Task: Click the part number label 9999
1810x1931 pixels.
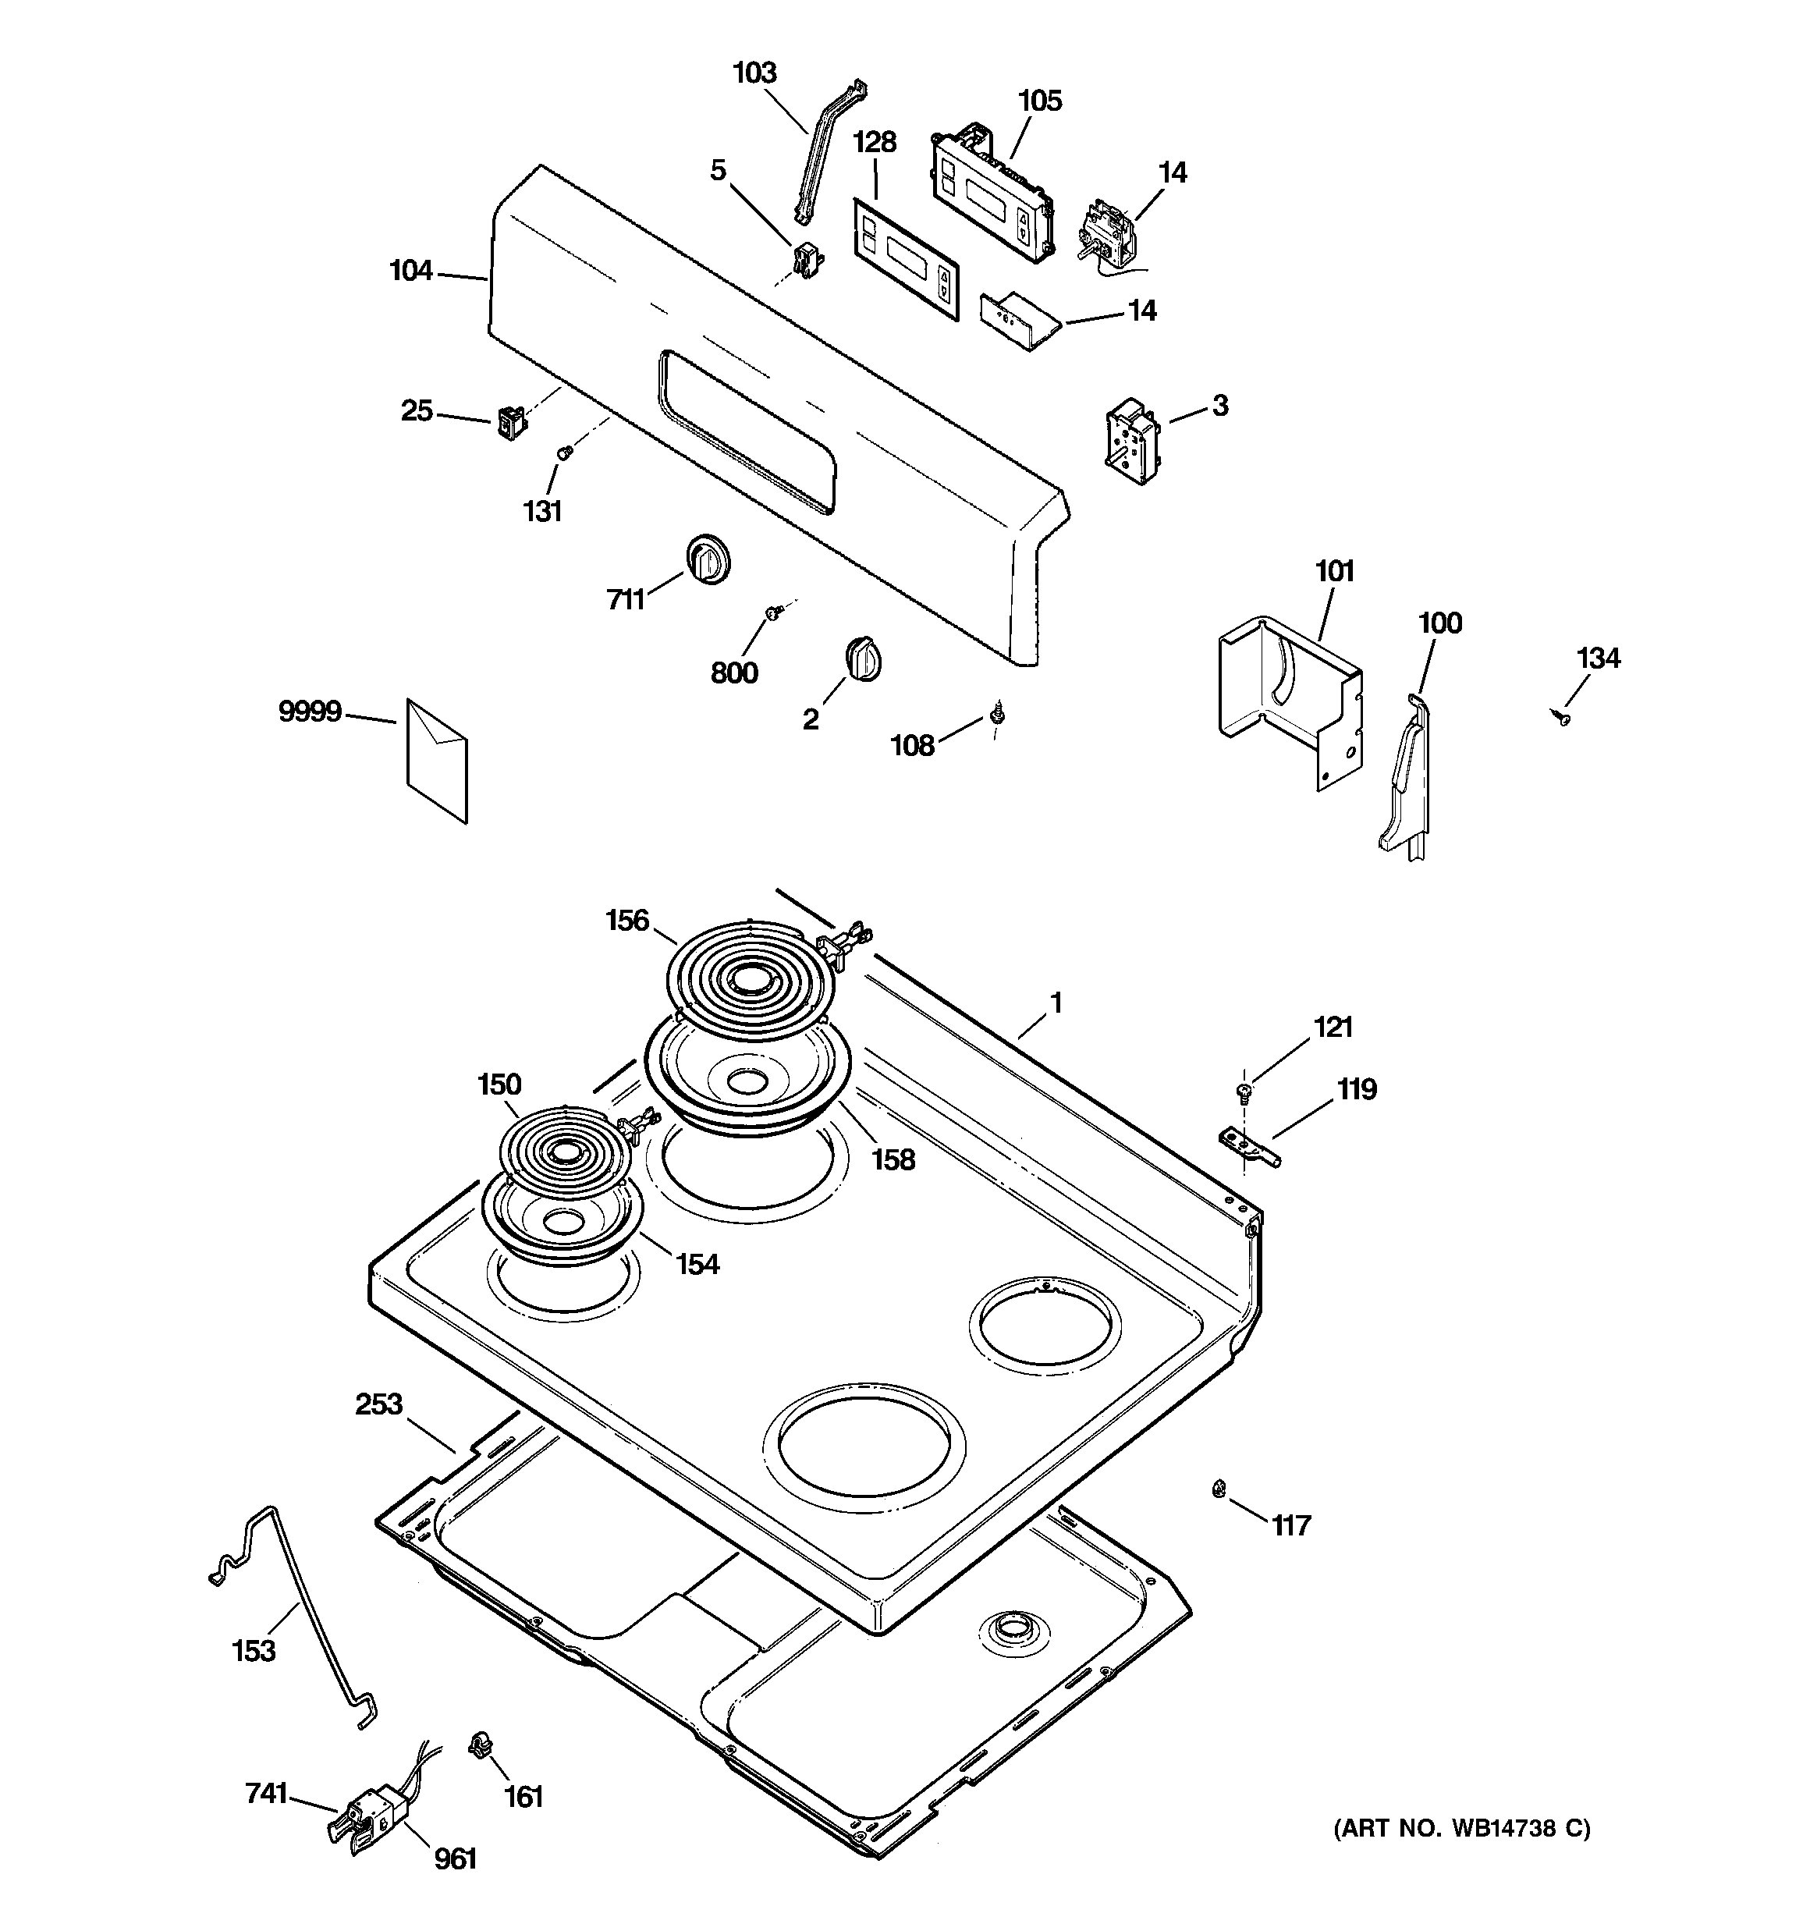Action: tap(309, 712)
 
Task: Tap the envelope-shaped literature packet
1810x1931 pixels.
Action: tap(436, 762)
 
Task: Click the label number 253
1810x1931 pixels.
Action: tap(378, 1404)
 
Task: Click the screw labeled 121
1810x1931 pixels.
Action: tap(1243, 1092)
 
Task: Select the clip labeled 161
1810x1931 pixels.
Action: tap(478, 1746)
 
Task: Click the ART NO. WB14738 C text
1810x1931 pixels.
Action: tap(1461, 1829)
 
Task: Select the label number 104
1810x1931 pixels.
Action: tap(411, 270)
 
